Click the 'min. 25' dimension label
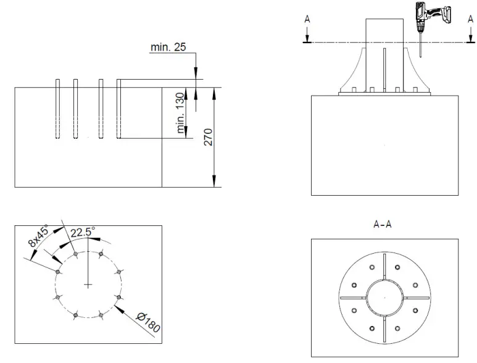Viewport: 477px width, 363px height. [x=168, y=47]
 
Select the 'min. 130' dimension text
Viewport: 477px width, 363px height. [x=181, y=113]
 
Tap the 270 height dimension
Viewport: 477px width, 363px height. [x=208, y=137]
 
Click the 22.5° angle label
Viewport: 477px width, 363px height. [x=83, y=233]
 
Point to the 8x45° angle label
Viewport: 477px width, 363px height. [x=38, y=235]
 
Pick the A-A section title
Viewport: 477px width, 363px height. [x=383, y=225]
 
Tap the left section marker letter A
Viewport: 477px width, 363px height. [x=307, y=20]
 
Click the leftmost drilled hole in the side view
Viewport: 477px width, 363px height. [x=57, y=109]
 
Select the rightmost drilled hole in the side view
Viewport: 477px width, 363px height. [x=118, y=109]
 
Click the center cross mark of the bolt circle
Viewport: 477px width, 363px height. [x=89, y=285]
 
